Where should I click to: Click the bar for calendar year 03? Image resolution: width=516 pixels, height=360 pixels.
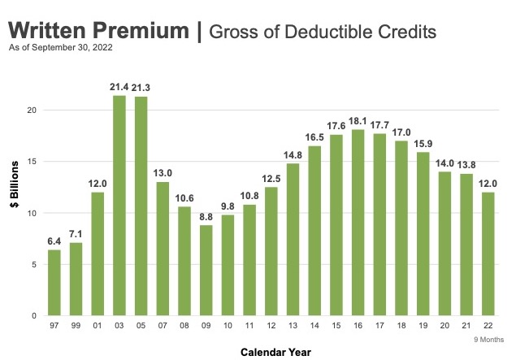pos(119,206)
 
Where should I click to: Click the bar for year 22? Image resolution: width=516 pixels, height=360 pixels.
pos(488,254)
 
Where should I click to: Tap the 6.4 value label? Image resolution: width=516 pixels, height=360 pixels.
pos(54,241)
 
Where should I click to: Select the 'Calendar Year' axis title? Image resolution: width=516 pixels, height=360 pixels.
pos(271,352)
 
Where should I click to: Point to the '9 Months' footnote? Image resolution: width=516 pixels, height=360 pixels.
pos(488,339)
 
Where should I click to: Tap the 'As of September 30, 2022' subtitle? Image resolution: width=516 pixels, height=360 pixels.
pos(60,48)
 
